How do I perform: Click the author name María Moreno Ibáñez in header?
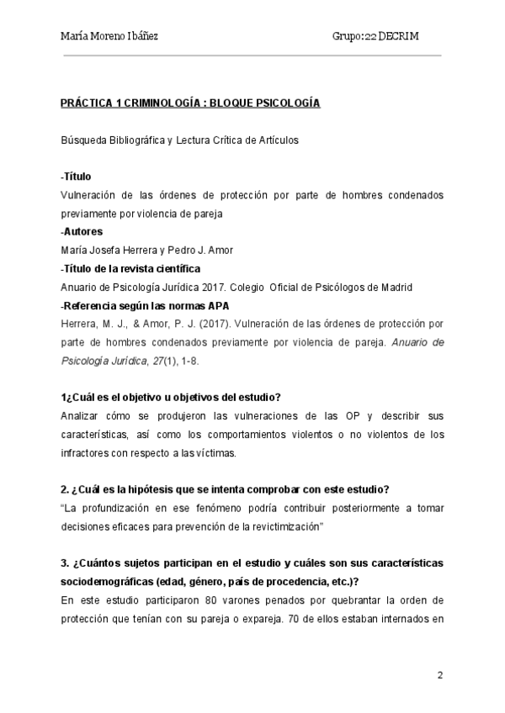coord(109,37)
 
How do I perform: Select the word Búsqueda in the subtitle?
coord(84,140)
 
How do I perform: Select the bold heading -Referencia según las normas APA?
coord(145,305)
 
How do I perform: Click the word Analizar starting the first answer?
coord(81,416)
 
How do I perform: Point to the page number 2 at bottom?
coord(439,675)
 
